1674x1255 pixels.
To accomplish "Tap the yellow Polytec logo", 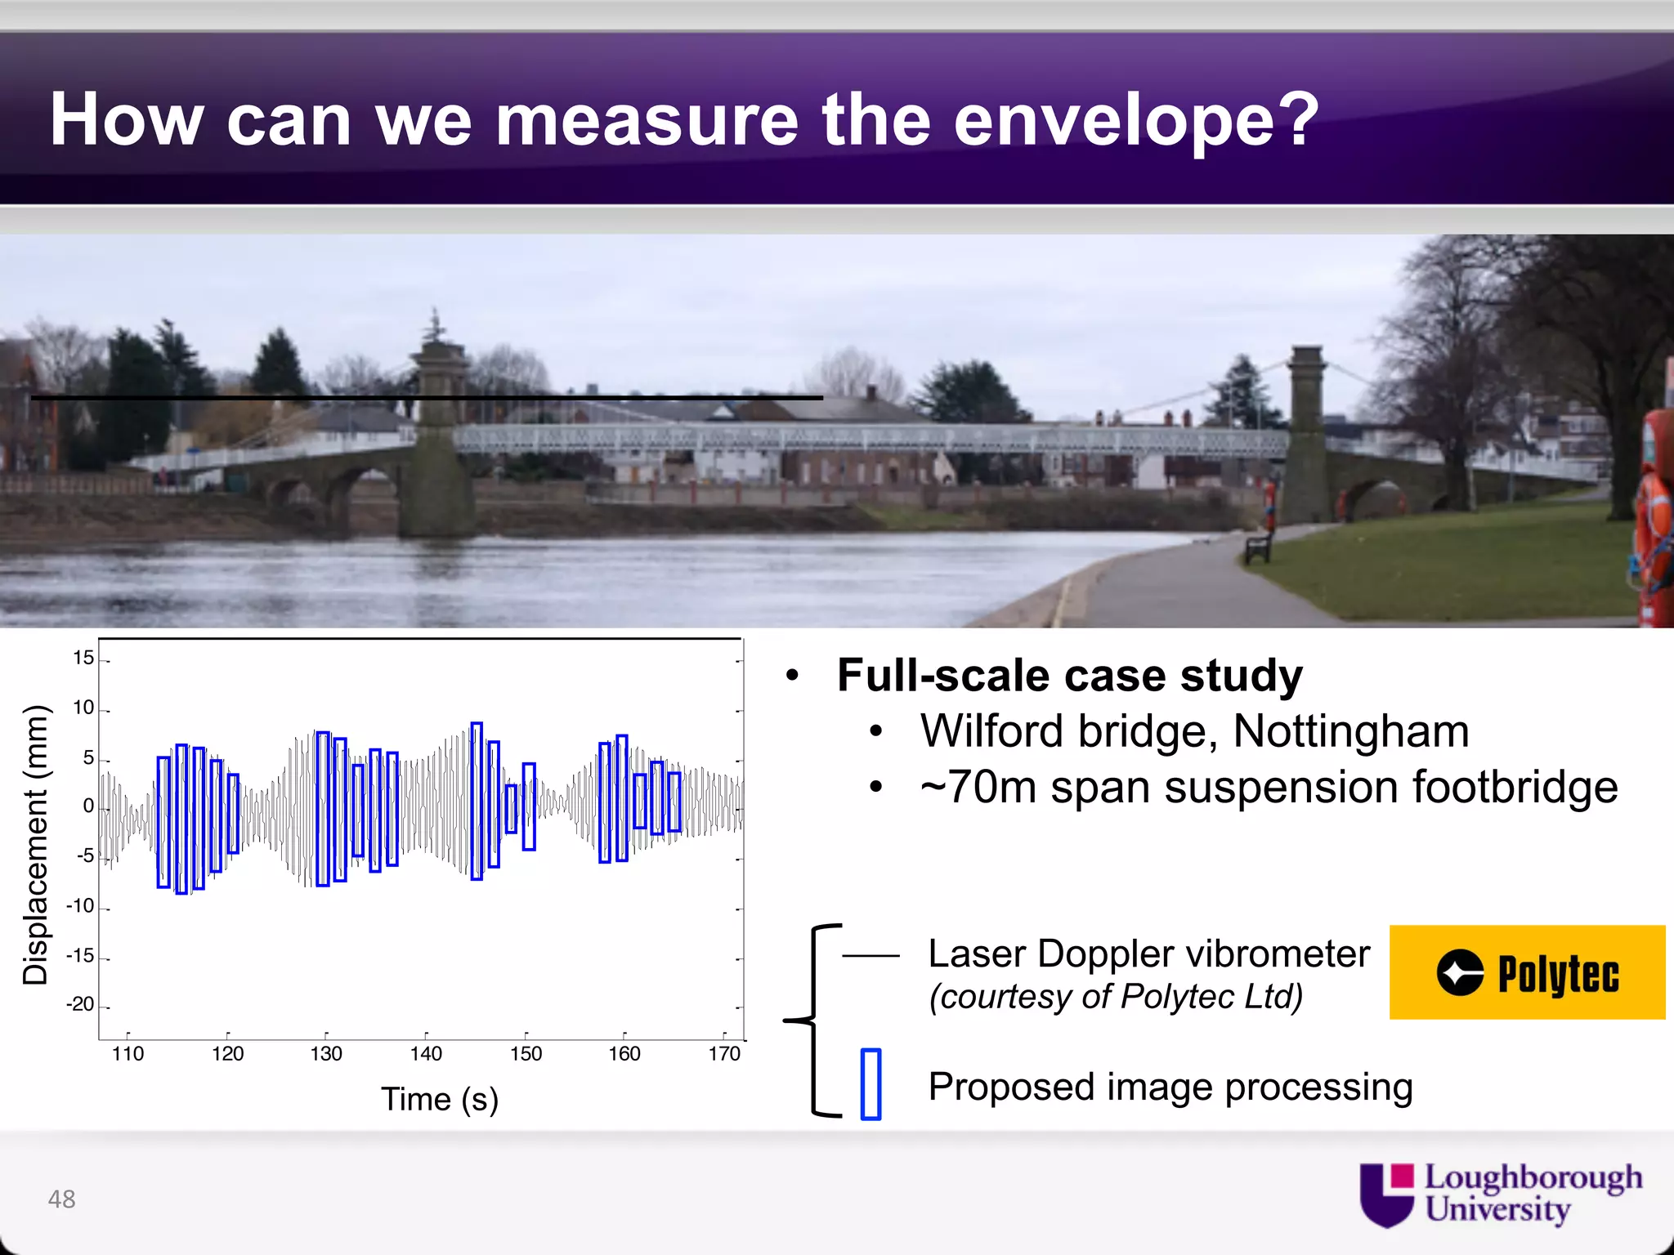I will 1527,972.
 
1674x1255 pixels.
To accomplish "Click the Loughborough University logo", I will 1501,1195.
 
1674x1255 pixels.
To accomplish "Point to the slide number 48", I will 61,1199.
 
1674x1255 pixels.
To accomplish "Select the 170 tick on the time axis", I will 724,1053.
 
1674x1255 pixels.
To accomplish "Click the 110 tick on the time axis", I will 128,1053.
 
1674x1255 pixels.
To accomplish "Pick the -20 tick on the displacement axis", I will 80,1004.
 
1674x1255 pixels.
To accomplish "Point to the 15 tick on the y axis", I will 83,658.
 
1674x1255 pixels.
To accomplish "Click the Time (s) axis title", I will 439,1099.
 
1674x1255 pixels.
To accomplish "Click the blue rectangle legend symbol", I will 871,1084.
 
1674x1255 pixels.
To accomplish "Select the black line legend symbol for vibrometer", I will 871,954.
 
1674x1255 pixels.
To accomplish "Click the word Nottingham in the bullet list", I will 1350,730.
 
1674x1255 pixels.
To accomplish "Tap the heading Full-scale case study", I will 1069,676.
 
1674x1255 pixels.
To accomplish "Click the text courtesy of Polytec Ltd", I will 1116,997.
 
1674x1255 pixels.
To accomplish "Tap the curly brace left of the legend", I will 812,1020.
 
